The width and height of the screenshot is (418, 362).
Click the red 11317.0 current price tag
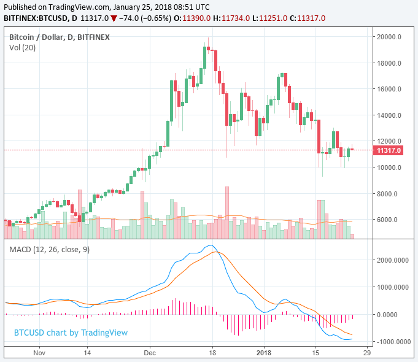388,150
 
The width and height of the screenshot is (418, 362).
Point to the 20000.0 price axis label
389,37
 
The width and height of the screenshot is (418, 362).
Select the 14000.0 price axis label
389,115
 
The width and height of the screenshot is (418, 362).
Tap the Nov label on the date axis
39,353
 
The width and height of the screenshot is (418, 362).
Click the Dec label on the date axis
150,353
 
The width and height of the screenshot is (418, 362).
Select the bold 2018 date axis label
264,353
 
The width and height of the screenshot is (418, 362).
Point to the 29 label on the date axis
367,353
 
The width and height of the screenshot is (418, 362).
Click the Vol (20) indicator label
22,48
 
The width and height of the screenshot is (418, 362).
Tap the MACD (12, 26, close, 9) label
49,250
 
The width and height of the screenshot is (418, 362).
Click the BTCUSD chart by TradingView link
71,333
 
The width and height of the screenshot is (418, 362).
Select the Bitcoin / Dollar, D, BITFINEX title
60,37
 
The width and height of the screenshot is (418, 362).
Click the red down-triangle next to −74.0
114,18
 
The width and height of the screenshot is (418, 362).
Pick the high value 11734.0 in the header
236,18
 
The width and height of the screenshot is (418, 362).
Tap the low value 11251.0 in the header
273,18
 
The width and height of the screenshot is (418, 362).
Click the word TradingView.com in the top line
79,7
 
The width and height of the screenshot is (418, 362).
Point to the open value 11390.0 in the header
196,18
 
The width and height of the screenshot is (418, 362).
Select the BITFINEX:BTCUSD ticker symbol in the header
36,18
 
